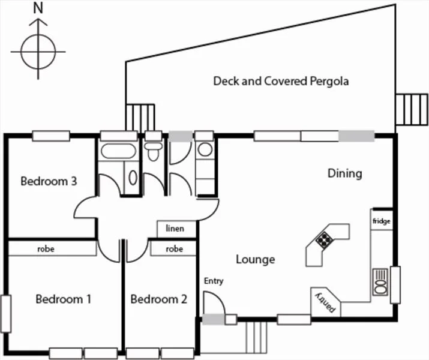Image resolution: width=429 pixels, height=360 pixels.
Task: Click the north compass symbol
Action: (39, 47)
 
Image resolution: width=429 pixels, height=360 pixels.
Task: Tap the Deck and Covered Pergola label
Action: (281, 81)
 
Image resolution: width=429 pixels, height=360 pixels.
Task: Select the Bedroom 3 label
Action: (49, 181)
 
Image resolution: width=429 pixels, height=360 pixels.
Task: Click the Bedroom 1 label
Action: (63, 299)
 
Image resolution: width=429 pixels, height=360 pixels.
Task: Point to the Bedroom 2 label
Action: (158, 299)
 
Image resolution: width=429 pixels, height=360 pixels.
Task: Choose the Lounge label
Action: (255, 259)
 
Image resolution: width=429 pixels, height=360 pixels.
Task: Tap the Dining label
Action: (344, 173)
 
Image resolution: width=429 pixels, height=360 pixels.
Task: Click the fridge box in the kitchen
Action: (381, 221)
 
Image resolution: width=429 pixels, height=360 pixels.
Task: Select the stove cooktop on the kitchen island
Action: (325, 240)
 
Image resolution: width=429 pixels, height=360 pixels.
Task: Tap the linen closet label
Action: (176, 229)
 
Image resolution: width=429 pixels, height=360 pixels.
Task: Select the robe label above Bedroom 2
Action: (174, 248)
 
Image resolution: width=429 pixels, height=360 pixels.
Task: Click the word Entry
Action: (214, 281)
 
